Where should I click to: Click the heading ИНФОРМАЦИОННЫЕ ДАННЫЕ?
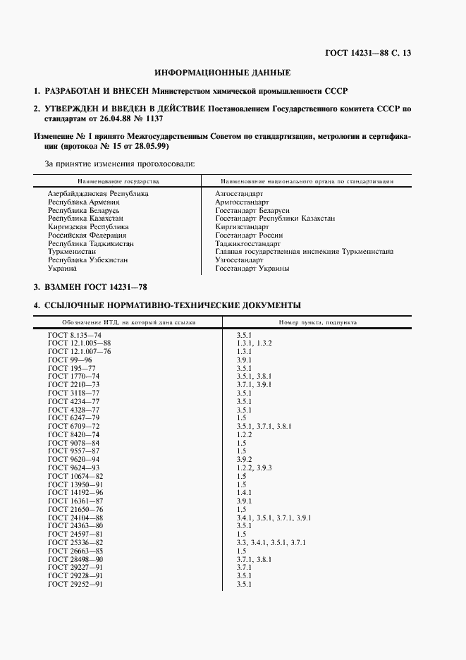[x=222, y=72]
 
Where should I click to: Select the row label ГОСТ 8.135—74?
[x=75, y=334]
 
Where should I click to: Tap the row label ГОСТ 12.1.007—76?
[x=80, y=351]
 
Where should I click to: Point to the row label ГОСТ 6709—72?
[x=74, y=427]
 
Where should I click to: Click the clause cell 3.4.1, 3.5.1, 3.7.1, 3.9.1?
[x=274, y=518]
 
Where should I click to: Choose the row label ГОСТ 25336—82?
[x=75, y=542]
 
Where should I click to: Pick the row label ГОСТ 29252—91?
[x=75, y=585]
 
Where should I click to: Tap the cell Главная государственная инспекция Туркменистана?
[x=304, y=252]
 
